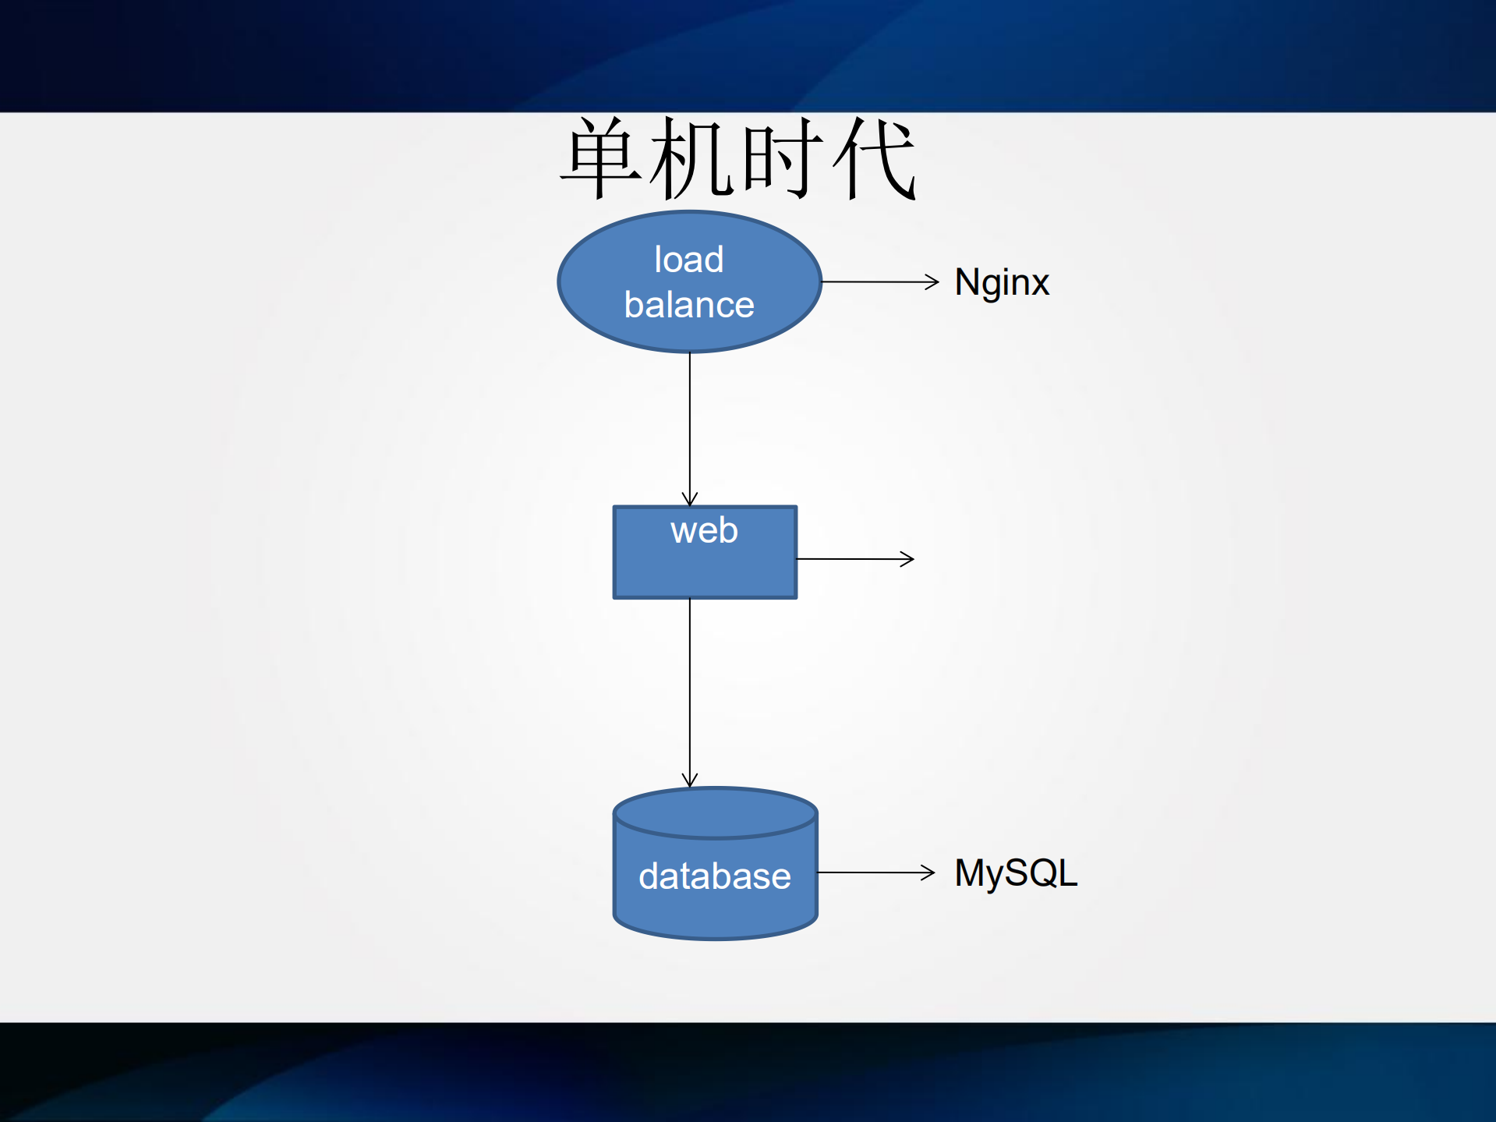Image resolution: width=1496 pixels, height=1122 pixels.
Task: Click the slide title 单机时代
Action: [x=738, y=158]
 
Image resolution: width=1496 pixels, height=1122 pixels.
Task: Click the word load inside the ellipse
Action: [x=689, y=260]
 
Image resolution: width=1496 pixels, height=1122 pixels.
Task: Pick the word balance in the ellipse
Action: [x=689, y=305]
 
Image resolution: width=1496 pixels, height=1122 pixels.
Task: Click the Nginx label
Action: [x=1002, y=282]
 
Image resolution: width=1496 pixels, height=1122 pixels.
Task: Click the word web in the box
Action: [x=704, y=531]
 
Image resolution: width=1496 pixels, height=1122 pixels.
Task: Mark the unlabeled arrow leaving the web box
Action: [x=854, y=559]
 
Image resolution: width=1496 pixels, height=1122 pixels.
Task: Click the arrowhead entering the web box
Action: [x=690, y=500]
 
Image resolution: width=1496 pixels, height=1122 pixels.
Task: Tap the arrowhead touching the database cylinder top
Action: [x=690, y=780]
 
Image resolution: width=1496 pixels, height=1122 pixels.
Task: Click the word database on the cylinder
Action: [x=715, y=876]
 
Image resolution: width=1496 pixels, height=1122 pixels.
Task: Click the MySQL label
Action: [x=1016, y=873]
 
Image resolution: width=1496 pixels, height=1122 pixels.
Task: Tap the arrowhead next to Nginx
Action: [x=932, y=281]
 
